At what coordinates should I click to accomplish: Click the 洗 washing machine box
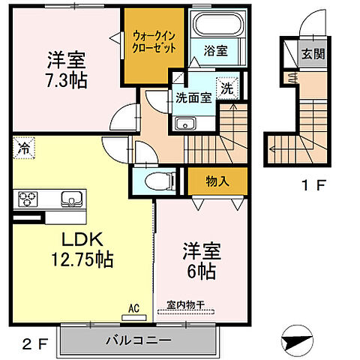point(226,87)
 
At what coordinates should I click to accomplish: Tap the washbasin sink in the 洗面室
point(184,124)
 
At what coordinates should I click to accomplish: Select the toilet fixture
point(154,179)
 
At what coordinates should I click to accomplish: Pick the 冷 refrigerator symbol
point(24,148)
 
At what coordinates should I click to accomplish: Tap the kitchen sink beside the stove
point(72,199)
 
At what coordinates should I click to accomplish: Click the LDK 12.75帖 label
point(75,250)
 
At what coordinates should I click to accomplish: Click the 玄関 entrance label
point(310,53)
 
